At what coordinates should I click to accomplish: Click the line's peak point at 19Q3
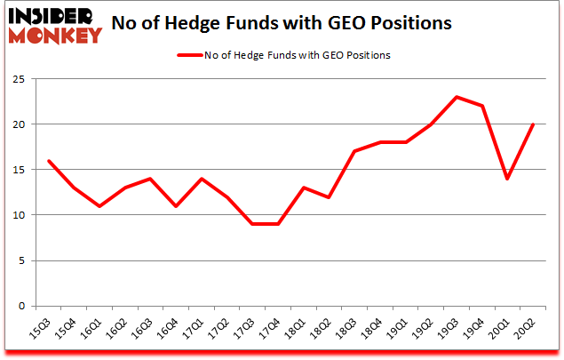point(457,97)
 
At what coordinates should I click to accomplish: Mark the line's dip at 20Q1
point(508,179)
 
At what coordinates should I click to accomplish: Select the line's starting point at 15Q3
point(48,161)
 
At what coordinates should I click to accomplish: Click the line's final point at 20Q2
point(534,124)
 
